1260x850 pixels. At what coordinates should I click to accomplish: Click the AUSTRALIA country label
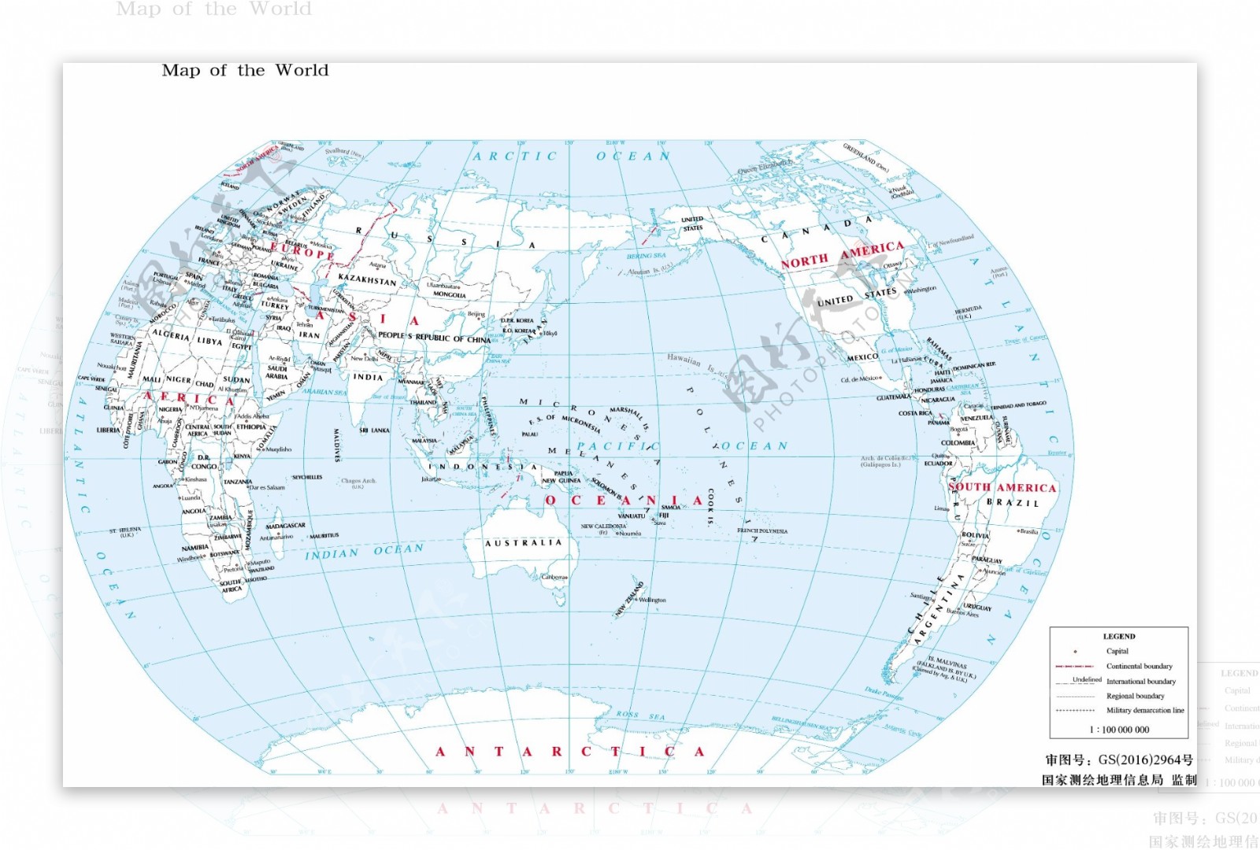coord(524,543)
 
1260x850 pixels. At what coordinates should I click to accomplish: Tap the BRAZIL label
coord(1013,502)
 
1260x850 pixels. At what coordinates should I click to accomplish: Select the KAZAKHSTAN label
coord(367,279)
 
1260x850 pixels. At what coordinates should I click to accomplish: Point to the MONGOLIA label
coord(450,295)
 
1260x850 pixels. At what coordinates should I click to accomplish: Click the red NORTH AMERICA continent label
coord(842,255)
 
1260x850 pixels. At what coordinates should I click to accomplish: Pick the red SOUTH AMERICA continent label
coord(1002,487)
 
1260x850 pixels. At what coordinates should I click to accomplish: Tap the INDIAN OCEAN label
coord(364,552)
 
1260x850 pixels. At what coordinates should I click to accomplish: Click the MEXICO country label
coord(862,357)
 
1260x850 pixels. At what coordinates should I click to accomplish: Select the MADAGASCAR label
coord(285,526)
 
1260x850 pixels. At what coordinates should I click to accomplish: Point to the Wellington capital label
coord(652,600)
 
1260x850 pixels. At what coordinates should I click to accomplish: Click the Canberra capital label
coord(554,577)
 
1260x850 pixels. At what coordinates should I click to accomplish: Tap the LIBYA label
coord(209,341)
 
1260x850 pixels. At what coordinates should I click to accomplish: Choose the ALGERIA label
coord(170,335)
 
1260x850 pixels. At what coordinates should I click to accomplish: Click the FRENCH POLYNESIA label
coord(762,530)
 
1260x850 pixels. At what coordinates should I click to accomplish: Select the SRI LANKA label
coord(375,431)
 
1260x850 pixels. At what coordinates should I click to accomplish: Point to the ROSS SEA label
coord(640,715)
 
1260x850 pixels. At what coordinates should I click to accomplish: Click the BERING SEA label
coord(646,256)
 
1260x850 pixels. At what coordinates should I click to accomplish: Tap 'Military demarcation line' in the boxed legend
coord(1145,710)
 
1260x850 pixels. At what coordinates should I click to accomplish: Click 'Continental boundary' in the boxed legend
coord(1139,666)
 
